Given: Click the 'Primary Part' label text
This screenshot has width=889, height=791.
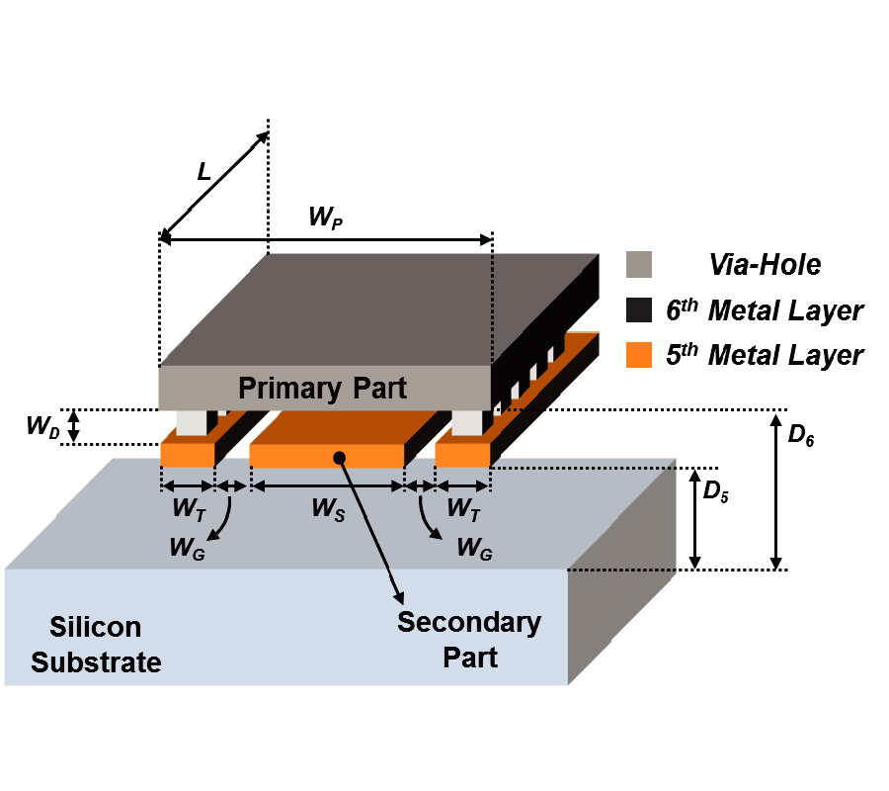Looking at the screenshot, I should tap(322, 388).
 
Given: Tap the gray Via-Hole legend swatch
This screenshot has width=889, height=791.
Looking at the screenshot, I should tap(639, 265).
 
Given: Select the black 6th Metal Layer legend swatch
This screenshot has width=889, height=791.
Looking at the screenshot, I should tap(639, 310).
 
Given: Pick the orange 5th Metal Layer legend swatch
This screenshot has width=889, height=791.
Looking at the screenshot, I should tap(639, 355).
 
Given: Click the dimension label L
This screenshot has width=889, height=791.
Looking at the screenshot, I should tap(204, 172).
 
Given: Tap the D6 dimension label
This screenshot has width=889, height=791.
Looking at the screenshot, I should tap(801, 436).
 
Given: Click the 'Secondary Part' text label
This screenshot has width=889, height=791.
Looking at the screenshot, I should tap(470, 639).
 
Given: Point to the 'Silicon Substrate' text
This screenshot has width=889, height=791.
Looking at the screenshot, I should tap(96, 645).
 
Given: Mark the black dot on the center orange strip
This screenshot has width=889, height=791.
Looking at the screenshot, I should tap(339, 457).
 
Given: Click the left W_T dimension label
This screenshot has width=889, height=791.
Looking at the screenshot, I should tap(188, 508).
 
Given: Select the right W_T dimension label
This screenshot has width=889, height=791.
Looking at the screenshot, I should tap(462, 508).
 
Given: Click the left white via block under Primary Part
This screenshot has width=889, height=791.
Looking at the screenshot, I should tap(191, 422).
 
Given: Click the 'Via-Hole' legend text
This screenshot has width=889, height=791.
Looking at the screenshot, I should tap(765, 265).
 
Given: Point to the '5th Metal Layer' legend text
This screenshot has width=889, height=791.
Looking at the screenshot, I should tap(765, 355).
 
